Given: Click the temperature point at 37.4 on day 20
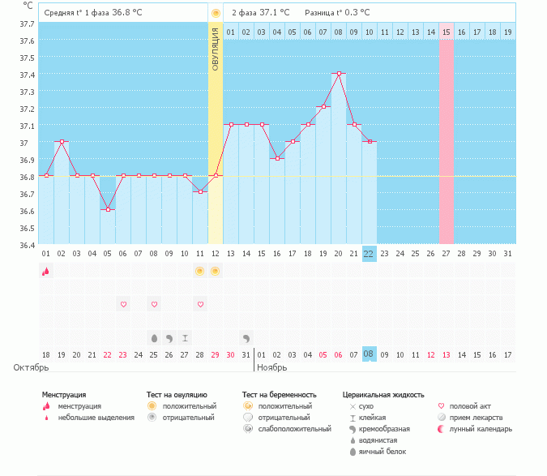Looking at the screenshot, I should (x=339, y=73).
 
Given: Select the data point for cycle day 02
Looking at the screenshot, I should (x=62, y=141).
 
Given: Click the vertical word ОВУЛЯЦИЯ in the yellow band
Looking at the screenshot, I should (x=216, y=49).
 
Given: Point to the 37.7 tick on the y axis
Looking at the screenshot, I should (x=26, y=24).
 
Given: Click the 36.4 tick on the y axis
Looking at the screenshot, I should (x=26, y=244).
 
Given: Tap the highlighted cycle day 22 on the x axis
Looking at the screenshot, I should (x=370, y=254).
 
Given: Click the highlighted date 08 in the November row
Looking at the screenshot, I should (x=370, y=354).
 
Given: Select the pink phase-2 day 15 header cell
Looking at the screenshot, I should (x=446, y=32).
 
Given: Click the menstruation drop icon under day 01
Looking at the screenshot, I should (x=46, y=271).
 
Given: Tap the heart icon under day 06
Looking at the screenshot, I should (x=123, y=304).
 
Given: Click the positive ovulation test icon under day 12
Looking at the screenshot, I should (x=215, y=271).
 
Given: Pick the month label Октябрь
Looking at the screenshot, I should (x=31, y=367).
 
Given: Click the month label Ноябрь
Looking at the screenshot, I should (x=273, y=367).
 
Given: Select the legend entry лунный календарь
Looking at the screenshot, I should (x=481, y=429).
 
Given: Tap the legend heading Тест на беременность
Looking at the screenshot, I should (x=279, y=394).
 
